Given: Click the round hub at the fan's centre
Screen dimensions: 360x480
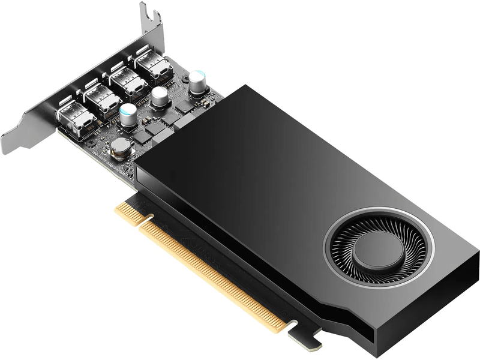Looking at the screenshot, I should (x=378, y=251).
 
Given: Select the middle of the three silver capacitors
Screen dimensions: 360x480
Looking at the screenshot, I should (x=160, y=96).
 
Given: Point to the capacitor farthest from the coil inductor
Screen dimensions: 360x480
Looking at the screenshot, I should (x=197, y=80).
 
